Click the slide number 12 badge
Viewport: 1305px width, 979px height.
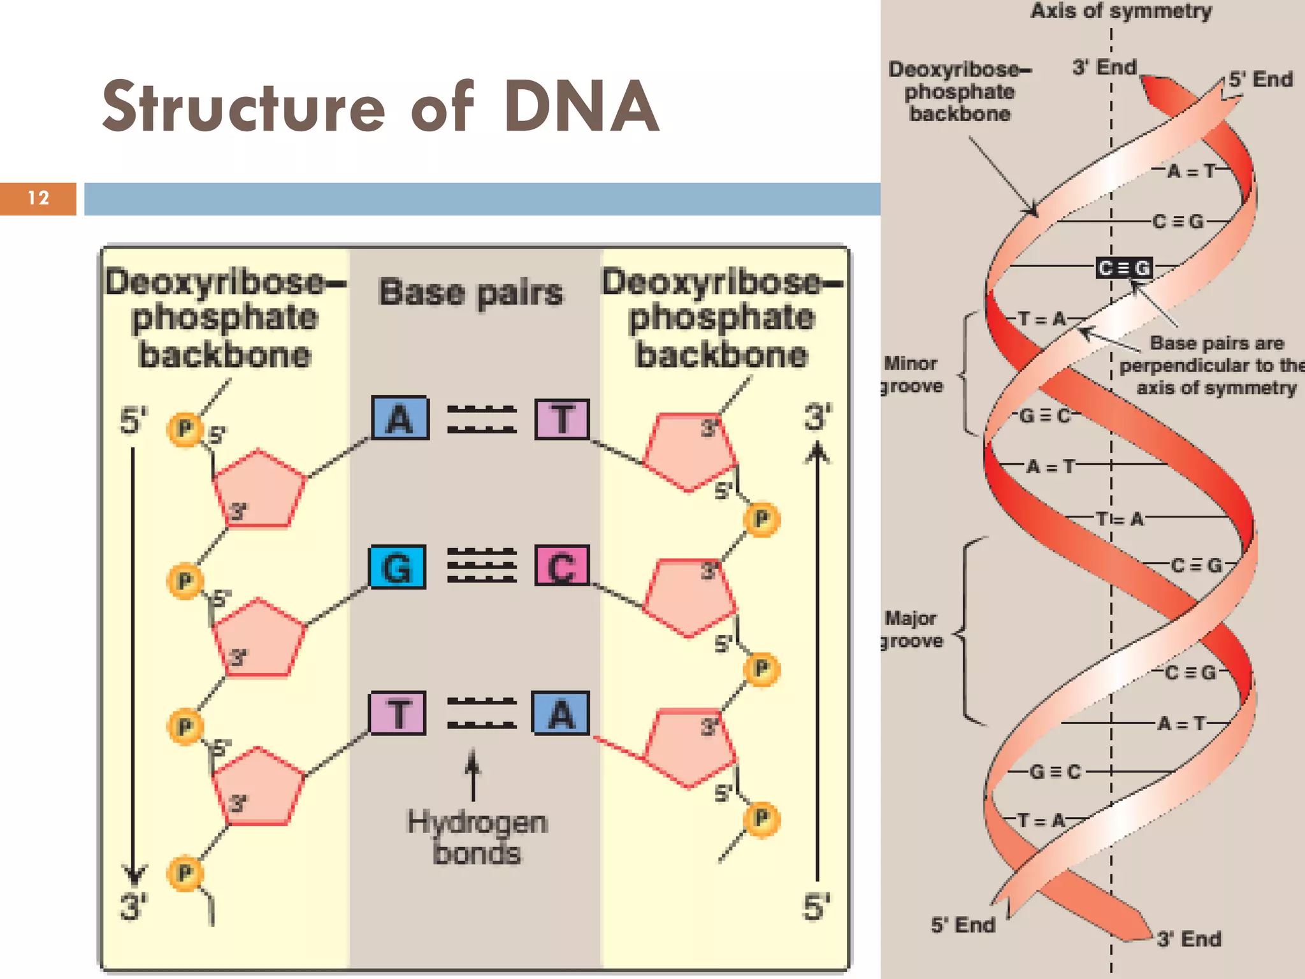point(38,198)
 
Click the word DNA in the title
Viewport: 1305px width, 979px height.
point(581,107)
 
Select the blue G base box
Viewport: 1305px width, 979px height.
point(398,567)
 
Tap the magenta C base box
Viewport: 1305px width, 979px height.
point(561,566)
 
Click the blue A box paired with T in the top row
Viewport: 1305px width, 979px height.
point(400,419)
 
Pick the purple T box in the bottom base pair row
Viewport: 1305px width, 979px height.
point(398,713)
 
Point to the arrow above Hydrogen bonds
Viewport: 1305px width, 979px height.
point(473,774)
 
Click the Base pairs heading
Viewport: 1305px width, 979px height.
point(471,293)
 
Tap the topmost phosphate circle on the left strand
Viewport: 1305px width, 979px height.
point(185,428)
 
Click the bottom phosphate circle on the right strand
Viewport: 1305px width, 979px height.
point(761,818)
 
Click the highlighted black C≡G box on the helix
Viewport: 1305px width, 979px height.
point(1125,268)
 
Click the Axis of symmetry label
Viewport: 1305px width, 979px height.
point(1121,11)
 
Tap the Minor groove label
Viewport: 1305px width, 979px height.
point(911,375)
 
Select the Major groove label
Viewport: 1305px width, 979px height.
point(911,629)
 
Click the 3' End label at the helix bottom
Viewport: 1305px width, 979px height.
point(1189,939)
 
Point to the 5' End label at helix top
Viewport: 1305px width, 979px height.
point(1260,80)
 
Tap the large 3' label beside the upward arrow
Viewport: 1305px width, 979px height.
point(818,417)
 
